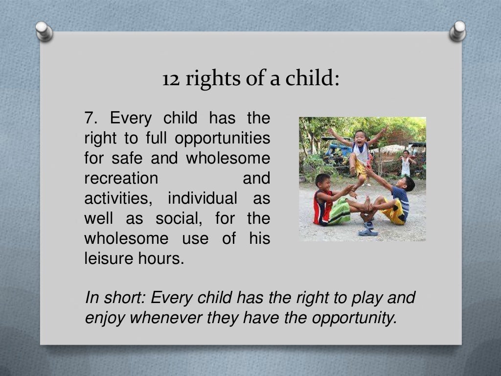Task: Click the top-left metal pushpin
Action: click(45, 31)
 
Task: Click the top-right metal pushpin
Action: click(458, 30)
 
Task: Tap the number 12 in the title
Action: click(170, 78)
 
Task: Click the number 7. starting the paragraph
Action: click(91, 118)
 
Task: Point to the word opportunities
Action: click(223, 139)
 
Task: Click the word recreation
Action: click(121, 178)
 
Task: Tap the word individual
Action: click(203, 198)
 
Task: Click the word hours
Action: click(161, 258)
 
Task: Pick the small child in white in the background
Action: click(406, 164)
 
